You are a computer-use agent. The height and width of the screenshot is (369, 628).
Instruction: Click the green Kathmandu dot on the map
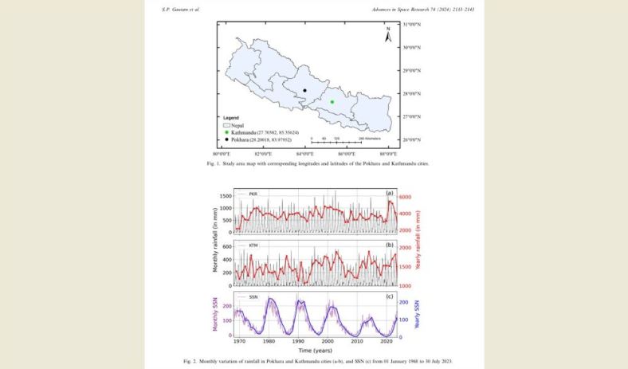pyautogui.click(x=332, y=102)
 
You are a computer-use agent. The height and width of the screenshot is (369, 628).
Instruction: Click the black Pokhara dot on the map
pyautogui.click(x=304, y=91)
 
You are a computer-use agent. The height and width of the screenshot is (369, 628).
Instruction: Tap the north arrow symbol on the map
pyautogui.click(x=387, y=36)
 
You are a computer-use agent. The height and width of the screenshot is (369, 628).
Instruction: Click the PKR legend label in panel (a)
pyautogui.click(x=253, y=194)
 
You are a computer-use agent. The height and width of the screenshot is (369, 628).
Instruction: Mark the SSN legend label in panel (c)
pyautogui.click(x=253, y=296)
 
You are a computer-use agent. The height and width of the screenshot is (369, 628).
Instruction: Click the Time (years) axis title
pyautogui.click(x=315, y=351)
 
